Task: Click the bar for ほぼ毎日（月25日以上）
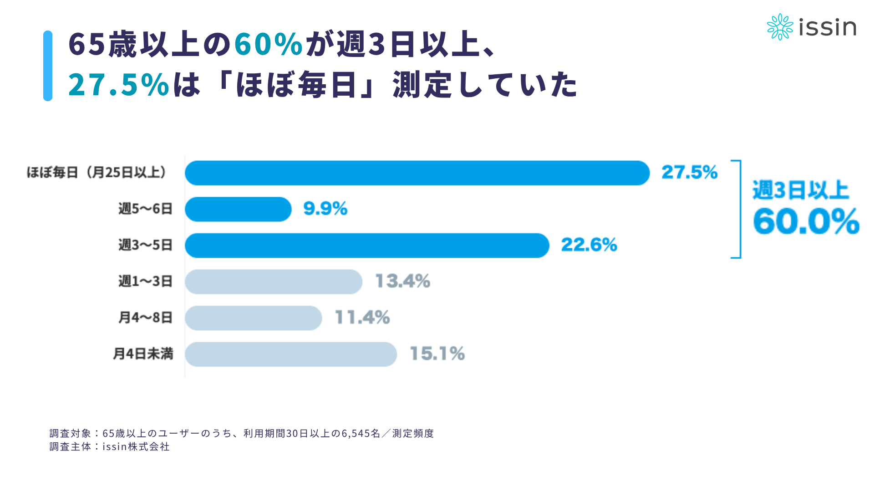[x=417, y=173]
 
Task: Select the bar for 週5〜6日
[x=238, y=209]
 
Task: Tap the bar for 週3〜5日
[x=367, y=246]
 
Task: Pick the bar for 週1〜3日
[x=274, y=282]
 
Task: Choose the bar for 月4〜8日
[x=254, y=318]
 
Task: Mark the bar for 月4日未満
[x=291, y=354]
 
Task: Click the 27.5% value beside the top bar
[x=690, y=172]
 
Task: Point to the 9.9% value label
[x=325, y=209]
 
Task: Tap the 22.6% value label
[x=589, y=245]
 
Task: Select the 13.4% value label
[x=402, y=281]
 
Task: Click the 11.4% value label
[x=362, y=318]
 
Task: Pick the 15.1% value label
[x=437, y=354]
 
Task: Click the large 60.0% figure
[x=806, y=221]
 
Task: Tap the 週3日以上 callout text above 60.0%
[x=801, y=190]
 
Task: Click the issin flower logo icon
[x=780, y=27]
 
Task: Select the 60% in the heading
[x=269, y=44]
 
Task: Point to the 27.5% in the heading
[x=119, y=84]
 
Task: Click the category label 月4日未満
[x=143, y=354]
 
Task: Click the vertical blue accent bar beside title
[x=48, y=66]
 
